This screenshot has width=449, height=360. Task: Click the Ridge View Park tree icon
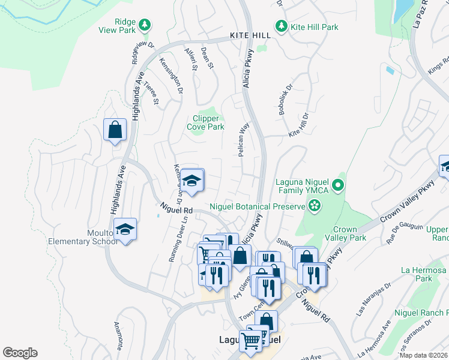[x=144, y=25]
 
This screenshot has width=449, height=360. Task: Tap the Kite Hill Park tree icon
[x=280, y=26]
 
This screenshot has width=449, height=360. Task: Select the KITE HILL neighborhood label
[x=250, y=36]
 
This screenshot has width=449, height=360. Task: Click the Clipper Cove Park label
[x=206, y=122]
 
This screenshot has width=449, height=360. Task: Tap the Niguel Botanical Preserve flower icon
[x=314, y=206]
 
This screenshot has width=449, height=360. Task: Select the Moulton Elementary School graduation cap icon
[x=124, y=229]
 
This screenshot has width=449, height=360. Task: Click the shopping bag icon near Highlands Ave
[x=114, y=130]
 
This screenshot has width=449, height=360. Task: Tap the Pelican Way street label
[x=243, y=140]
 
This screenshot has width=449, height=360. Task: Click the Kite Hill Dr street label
[x=298, y=126]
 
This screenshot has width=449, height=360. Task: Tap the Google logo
[x=20, y=353]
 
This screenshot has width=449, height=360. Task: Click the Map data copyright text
[x=423, y=355]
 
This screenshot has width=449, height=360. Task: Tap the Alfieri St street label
[x=191, y=59]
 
